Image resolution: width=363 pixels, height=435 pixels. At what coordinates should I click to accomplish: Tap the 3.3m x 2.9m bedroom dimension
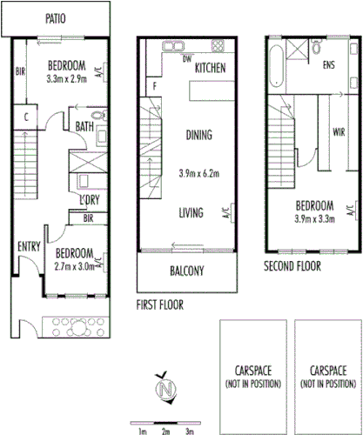click(x=66, y=77)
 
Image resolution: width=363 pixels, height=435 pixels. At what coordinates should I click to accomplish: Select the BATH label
click(x=84, y=126)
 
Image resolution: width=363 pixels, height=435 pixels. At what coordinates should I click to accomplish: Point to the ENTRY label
click(x=29, y=247)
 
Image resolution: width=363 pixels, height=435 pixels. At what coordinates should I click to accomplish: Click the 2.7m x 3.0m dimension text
click(x=66, y=267)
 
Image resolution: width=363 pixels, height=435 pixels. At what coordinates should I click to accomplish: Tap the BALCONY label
click(x=185, y=271)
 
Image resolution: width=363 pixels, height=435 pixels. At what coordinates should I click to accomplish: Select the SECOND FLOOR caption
click(x=292, y=265)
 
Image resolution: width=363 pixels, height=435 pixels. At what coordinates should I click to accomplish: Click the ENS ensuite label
click(x=329, y=65)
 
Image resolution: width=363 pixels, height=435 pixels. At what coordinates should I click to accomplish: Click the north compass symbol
click(x=165, y=386)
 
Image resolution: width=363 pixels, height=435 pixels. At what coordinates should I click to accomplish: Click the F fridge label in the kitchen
click(x=154, y=86)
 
